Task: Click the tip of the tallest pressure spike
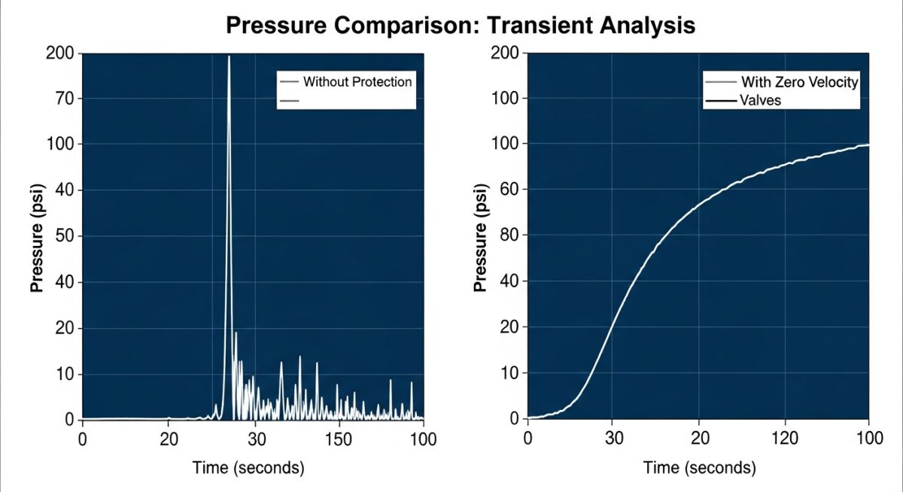229,56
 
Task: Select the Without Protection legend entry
357,81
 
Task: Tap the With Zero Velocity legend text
799,82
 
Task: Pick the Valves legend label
761,100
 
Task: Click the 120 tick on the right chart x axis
785,438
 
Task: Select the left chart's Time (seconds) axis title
248,468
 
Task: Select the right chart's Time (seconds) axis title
699,468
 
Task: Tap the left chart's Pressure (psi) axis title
35,235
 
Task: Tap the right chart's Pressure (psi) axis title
480,235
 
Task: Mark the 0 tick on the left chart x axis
82,439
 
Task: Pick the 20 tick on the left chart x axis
169,439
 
